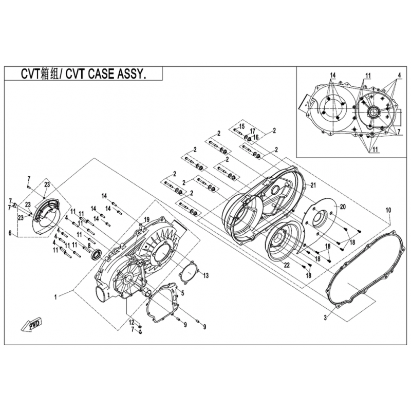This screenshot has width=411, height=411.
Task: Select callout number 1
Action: [x=55, y=297]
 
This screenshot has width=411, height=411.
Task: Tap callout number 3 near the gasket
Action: [x=325, y=318]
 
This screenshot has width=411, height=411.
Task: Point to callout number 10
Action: [x=388, y=210]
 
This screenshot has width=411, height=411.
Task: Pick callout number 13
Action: [x=206, y=275]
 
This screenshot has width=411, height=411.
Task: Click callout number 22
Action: [x=287, y=265]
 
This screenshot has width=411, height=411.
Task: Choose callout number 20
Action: [x=343, y=207]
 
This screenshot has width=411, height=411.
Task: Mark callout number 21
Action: [x=313, y=185]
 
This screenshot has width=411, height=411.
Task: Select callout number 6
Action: [x=10, y=233]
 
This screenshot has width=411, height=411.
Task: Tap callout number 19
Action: [x=146, y=219]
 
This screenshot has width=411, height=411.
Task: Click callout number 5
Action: [x=182, y=293]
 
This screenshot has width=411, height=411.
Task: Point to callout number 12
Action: [x=132, y=322]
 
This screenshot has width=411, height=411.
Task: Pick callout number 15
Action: [x=241, y=126]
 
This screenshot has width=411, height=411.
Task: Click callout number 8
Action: [x=89, y=246]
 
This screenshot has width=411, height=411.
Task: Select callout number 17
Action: [x=252, y=131]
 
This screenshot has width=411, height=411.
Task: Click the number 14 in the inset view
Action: [x=332, y=76]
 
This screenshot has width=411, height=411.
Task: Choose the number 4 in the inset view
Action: [x=399, y=75]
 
